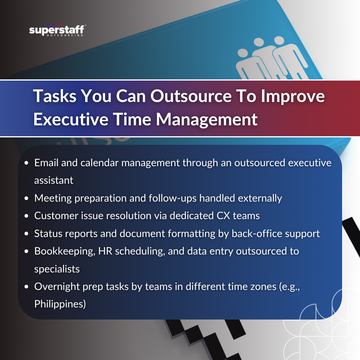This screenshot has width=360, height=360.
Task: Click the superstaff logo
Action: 57,30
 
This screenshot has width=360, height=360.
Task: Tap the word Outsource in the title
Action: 191,96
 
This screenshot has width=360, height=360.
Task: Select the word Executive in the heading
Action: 71,119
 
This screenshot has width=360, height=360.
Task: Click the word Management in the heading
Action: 207,119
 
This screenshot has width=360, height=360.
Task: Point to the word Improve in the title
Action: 293,97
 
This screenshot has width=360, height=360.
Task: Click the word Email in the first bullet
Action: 46,163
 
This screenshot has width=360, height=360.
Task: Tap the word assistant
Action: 54,181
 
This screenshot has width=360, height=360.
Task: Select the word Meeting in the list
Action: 53,198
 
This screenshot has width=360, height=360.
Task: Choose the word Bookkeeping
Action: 65,251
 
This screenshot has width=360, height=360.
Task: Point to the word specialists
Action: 57,269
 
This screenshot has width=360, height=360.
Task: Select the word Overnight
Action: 57,287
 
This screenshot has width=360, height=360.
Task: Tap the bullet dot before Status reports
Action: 26,234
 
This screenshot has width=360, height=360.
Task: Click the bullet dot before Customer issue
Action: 26,216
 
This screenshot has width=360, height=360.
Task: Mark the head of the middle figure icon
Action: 259,42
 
